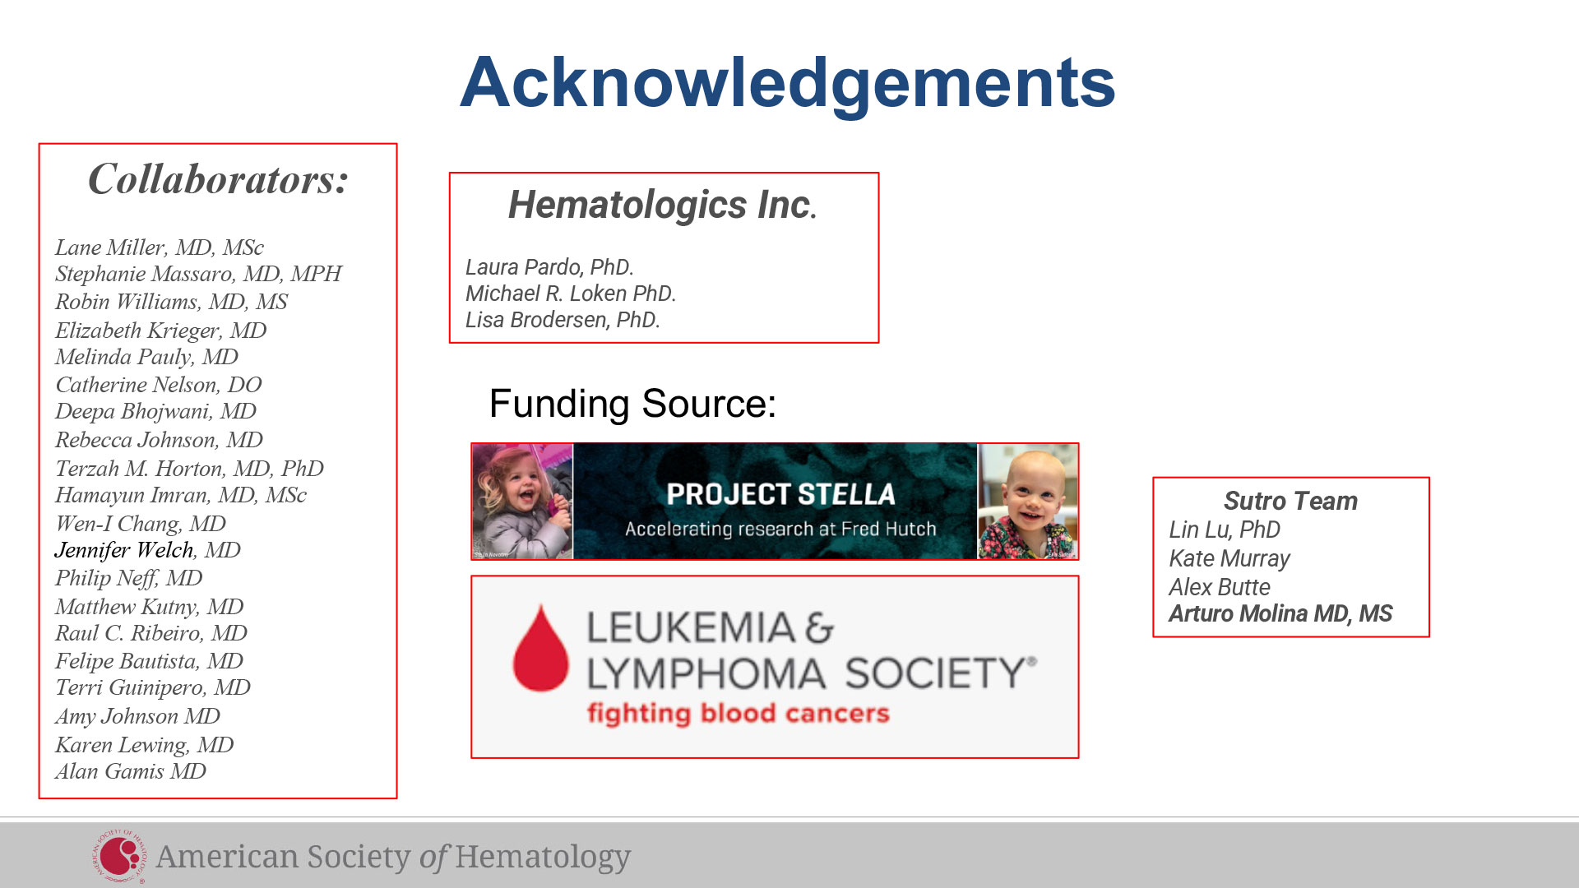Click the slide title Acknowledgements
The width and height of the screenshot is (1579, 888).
pyautogui.click(x=787, y=84)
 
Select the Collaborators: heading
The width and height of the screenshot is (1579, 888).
pyautogui.click(x=218, y=179)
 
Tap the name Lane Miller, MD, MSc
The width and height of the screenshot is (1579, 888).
pyautogui.click(x=160, y=247)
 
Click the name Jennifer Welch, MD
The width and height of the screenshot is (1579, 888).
pyautogui.click(x=147, y=550)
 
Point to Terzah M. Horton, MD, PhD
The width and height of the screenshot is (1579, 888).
pyautogui.click(x=189, y=469)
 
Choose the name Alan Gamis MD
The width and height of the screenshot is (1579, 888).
pyautogui.click(x=130, y=771)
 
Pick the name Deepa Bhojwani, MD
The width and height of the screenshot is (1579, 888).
pyautogui.click(x=155, y=411)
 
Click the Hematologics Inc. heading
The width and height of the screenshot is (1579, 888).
pyautogui.click(x=662, y=205)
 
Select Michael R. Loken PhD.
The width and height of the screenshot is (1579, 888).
pyautogui.click(x=570, y=294)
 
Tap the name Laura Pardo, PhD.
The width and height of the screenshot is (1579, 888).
pyautogui.click(x=549, y=267)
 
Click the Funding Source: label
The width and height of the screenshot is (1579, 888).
pyautogui.click(x=632, y=404)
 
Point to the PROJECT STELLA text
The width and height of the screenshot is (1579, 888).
pyautogui.click(x=780, y=494)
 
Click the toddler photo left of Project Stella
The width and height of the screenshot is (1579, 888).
pyautogui.click(x=522, y=502)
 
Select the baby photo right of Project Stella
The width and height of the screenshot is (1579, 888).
pyautogui.click(x=1027, y=502)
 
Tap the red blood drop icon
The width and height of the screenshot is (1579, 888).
pyautogui.click(x=540, y=649)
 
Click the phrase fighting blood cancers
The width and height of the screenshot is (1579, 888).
pyautogui.click(x=738, y=713)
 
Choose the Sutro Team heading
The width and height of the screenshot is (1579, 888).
pyautogui.click(x=1290, y=501)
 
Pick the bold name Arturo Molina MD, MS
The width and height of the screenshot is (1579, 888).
pyautogui.click(x=1280, y=613)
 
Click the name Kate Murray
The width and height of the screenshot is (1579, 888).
pyautogui.click(x=1229, y=558)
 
